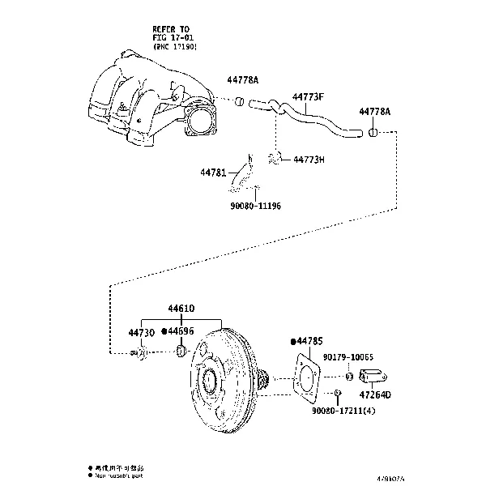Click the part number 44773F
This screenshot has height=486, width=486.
click(308, 97)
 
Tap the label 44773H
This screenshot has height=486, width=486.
click(309, 160)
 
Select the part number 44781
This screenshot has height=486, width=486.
click(214, 172)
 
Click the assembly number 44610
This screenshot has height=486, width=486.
click(182, 309)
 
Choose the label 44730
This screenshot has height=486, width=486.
click(140, 332)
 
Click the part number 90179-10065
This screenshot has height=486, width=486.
click(347, 357)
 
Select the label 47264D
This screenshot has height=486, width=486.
click(375, 394)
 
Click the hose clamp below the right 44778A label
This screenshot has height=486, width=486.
click(373, 132)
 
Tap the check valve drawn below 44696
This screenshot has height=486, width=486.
click(181, 351)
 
